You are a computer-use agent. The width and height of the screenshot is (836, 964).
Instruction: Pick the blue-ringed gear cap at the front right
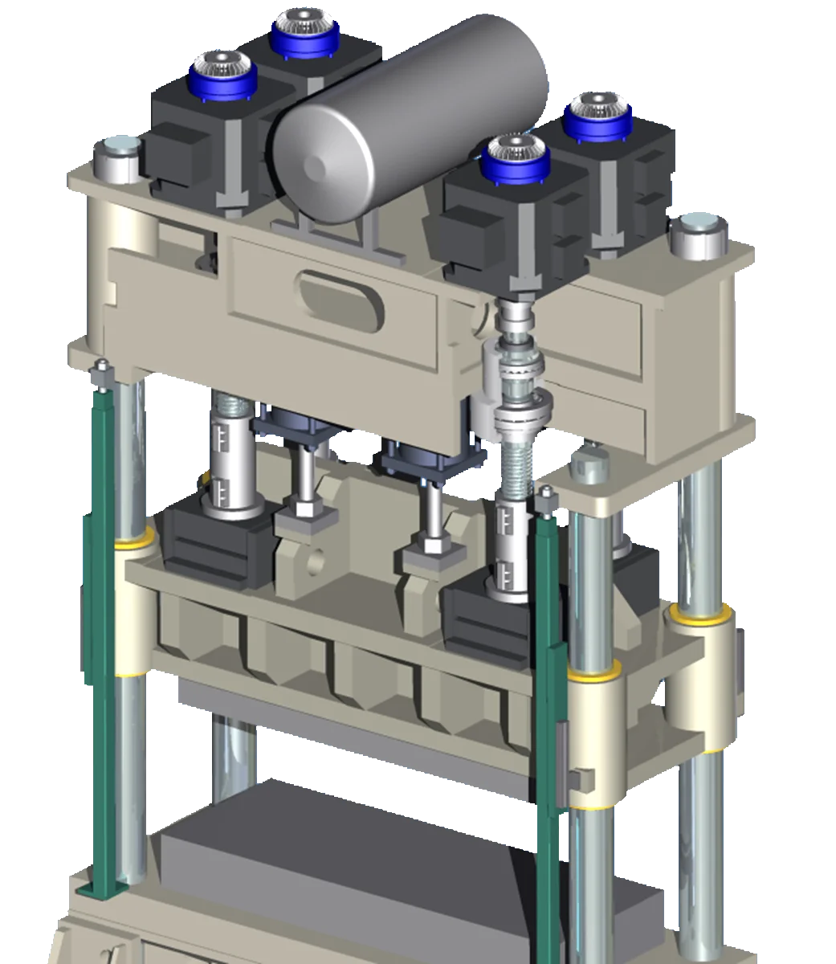(x=516, y=157)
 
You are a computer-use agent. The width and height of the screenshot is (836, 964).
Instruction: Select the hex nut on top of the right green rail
(x=547, y=500)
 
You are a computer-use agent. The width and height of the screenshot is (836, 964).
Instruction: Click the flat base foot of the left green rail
(x=103, y=890)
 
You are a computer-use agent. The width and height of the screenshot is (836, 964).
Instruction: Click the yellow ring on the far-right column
(x=700, y=615)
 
